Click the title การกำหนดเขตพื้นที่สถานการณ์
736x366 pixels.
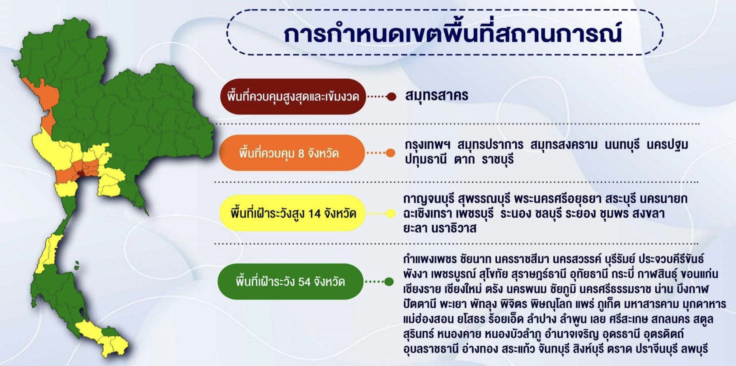point(452,34)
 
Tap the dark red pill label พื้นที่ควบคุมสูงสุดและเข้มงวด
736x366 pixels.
point(293,97)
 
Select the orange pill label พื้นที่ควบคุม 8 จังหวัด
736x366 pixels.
point(292,153)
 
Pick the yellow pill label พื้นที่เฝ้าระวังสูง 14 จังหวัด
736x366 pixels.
point(291,213)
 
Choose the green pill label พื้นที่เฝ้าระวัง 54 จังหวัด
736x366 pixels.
point(290,282)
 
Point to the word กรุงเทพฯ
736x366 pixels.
point(428,145)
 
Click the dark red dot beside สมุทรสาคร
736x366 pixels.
point(391,97)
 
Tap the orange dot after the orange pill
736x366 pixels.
point(390,153)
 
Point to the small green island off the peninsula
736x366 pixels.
point(76,266)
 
